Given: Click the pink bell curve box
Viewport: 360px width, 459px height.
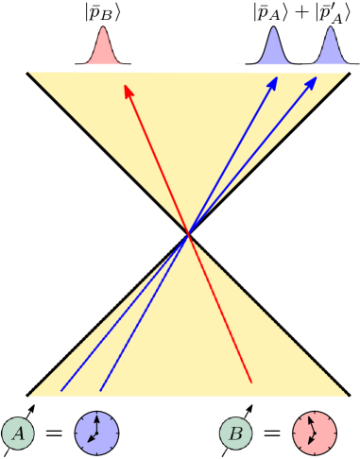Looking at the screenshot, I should tap(98, 45).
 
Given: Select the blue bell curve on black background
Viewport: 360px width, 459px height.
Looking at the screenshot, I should tap(272, 46).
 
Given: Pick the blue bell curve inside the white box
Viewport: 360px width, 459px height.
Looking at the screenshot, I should tap(331, 45).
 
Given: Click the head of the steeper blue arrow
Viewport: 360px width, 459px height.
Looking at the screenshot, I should tap(276, 79).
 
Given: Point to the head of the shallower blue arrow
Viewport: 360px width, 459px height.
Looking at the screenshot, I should tap(317, 79).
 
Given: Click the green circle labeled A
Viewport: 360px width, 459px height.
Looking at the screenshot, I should tap(17, 433).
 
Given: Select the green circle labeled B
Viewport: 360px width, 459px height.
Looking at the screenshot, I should tap(236, 433).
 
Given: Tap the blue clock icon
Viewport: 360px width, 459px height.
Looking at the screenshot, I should tap(97, 433).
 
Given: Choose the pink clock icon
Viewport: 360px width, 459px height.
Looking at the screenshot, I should tap(315, 433).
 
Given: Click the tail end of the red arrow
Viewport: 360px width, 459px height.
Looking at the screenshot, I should tap(252, 382).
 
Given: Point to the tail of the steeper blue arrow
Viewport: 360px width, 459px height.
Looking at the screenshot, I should tap(101, 390).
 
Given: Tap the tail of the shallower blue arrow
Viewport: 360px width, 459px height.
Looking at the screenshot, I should tap(61, 390).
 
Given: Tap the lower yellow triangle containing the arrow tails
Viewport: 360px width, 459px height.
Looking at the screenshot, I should tap(189, 349).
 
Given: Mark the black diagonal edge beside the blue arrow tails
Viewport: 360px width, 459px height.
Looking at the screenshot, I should tap(104, 316).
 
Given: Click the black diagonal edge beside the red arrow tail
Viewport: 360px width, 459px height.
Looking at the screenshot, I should tap(274, 316).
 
